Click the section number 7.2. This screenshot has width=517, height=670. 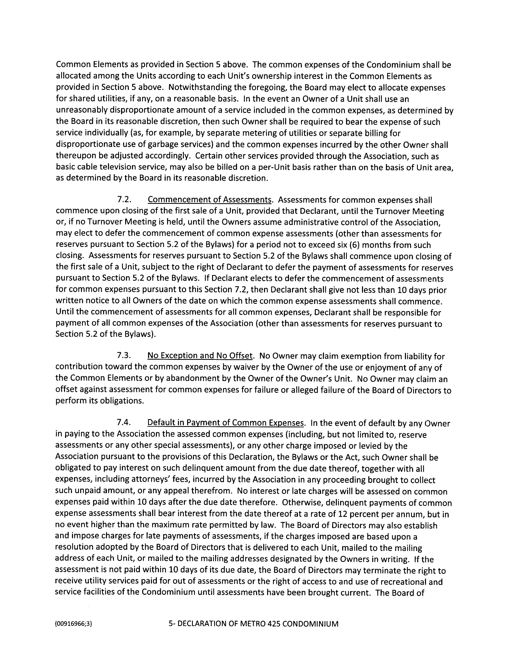[124, 200]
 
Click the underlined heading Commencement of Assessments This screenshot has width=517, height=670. [210, 200]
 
